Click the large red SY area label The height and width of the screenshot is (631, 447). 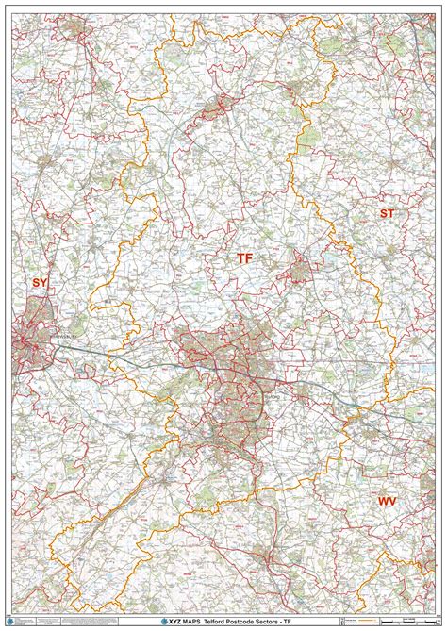pyautogui.click(x=40, y=282)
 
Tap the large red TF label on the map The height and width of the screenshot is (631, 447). pyautogui.click(x=244, y=257)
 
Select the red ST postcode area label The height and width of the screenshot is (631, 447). pyautogui.click(x=387, y=214)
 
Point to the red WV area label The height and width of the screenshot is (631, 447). pyautogui.click(x=387, y=502)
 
